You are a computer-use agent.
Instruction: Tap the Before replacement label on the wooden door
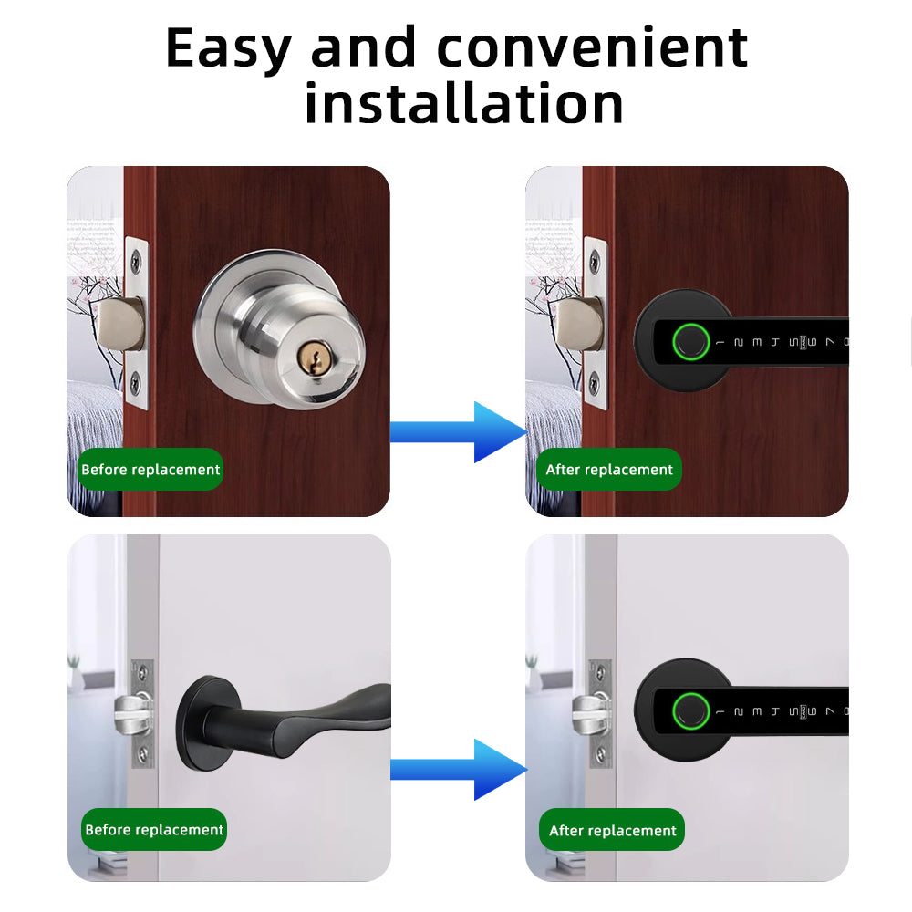[x=150, y=470]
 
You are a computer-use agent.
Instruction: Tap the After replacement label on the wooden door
[x=608, y=470]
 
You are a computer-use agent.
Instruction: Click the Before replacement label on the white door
[x=154, y=830]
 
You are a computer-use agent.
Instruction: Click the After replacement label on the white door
[x=612, y=831]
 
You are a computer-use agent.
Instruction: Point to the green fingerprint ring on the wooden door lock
[x=689, y=343]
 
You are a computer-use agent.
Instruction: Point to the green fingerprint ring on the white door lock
[x=689, y=711]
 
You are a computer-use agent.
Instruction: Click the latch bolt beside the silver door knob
[x=122, y=326]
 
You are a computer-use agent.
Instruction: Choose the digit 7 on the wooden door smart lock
[x=829, y=343]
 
